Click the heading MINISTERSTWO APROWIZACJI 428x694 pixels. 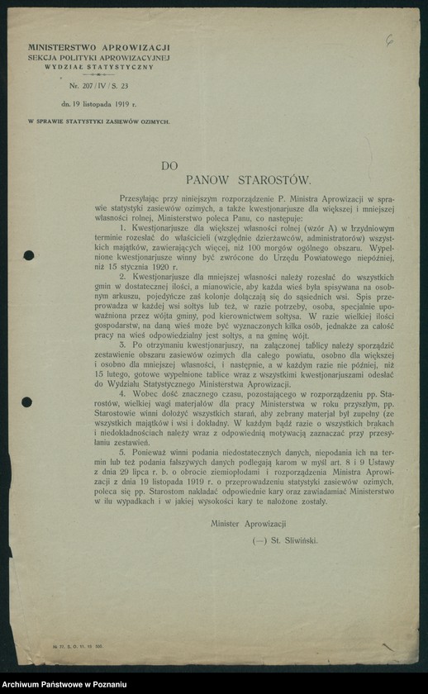point(98,49)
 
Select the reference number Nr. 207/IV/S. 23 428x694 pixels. point(98,86)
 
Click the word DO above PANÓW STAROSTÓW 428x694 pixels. point(169,165)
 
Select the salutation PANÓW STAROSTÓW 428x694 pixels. point(247,178)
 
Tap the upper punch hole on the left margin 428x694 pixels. point(29,255)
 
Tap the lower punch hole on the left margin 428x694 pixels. point(26,402)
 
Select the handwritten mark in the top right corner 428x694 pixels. point(388,38)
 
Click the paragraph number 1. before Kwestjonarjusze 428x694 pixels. point(121,226)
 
